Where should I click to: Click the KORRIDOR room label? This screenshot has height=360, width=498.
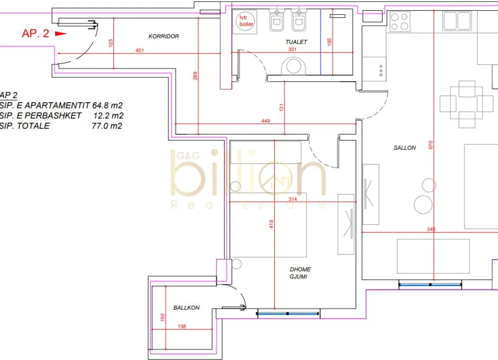tap(163, 36)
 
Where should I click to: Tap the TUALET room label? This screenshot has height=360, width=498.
tap(296, 42)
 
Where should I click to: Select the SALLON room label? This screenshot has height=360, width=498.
tap(405, 148)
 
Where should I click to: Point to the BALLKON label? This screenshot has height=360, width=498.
tap(186, 307)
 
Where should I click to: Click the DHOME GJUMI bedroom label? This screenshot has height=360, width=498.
tap(300, 273)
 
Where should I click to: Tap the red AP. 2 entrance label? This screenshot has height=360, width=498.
tap(36, 34)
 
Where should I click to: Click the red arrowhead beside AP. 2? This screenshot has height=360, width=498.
tap(61, 34)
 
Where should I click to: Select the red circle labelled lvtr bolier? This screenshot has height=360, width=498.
tap(247, 21)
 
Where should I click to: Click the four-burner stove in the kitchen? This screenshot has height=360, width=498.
tap(400, 21)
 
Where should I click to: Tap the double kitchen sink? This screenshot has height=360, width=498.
tap(457, 21)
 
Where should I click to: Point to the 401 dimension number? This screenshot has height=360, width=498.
tap(140, 50)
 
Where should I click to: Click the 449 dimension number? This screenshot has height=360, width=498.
tap(266, 121)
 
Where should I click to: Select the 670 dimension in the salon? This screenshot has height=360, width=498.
tap(431, 145)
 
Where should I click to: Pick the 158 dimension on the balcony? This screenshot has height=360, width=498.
tap(182, 326)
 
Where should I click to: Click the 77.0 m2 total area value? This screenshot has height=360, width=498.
tap(107, 126)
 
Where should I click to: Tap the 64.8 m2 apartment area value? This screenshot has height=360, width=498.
tap(107, 105)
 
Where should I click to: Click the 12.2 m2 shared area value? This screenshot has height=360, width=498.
tap(108, 116)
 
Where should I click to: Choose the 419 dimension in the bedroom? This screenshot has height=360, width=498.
tap(271, 224)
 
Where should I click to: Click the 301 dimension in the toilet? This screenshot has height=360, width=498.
tap(292, 49)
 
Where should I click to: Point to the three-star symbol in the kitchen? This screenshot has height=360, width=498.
tap(381, 71)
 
